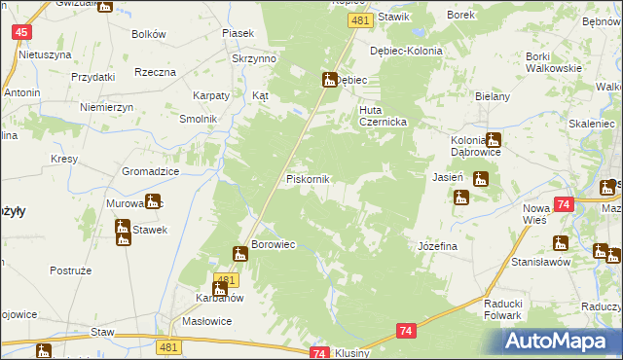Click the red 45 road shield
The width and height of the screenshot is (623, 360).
point(20,32)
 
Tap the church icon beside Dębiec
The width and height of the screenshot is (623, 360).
point(328,80)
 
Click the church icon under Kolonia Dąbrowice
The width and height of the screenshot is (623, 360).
point(493,140)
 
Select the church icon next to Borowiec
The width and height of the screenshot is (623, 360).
point(239,254)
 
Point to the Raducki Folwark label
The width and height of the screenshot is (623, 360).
point(511,308)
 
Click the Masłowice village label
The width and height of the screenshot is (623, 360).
point(205,322)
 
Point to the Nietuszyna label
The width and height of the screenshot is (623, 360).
point(38,54)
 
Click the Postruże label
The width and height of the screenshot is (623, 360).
point(70,270)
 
